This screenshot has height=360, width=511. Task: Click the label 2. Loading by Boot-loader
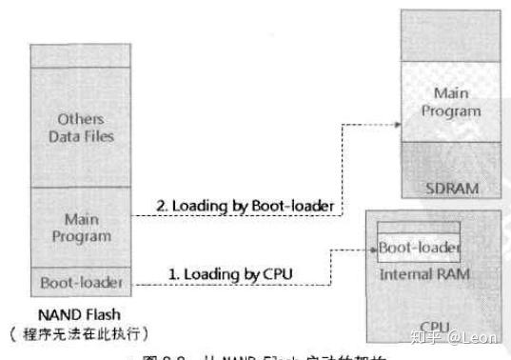[x=239, y=204]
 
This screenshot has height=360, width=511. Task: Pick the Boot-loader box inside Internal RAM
[x=420, y=249]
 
